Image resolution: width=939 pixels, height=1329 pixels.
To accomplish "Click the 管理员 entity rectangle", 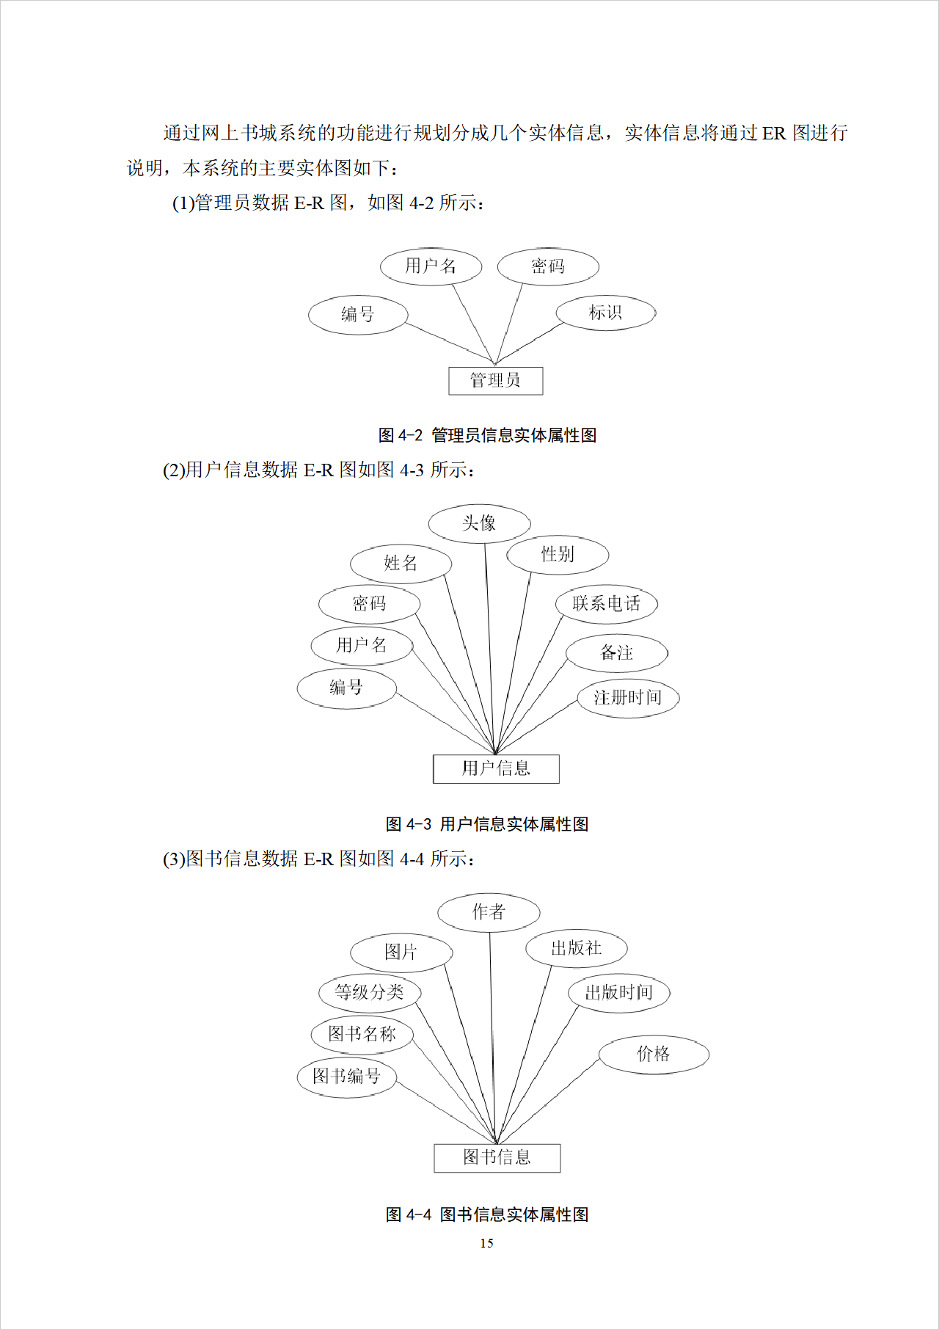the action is point(495,381).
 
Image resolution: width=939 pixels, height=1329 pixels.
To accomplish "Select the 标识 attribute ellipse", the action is point(605,313).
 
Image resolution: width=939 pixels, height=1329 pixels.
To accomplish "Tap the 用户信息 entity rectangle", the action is point(496,769).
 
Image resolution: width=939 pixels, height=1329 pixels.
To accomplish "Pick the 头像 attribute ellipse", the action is point(479,523).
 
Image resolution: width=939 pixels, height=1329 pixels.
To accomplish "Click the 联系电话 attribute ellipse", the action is point(606,604).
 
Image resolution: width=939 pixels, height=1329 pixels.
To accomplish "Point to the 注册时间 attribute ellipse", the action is point(627,698).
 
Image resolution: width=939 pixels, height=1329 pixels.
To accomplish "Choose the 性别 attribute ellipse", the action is point(558,555).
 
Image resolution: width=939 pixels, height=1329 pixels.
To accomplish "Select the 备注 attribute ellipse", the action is point(617,653).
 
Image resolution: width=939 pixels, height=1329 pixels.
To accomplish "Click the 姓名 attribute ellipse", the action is point(401,564).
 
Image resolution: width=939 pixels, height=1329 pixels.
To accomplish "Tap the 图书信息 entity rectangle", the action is point(497,1158).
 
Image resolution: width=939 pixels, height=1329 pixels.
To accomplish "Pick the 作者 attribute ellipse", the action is point(489,912).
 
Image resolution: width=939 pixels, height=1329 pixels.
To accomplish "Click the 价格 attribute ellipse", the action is point(654,1055).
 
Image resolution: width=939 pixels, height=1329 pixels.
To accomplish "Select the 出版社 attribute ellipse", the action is point(576,949).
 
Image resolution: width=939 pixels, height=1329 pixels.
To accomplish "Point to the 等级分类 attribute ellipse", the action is point(369,993).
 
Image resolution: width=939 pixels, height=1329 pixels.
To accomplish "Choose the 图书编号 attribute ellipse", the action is point(346,1077).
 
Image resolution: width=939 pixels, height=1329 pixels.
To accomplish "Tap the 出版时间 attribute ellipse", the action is point(618,993).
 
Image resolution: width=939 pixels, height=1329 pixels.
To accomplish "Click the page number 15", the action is point(486,1243).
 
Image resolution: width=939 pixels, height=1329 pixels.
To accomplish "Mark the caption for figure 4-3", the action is point(487,824).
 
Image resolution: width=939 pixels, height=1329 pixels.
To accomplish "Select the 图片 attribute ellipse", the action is point(401,953).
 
